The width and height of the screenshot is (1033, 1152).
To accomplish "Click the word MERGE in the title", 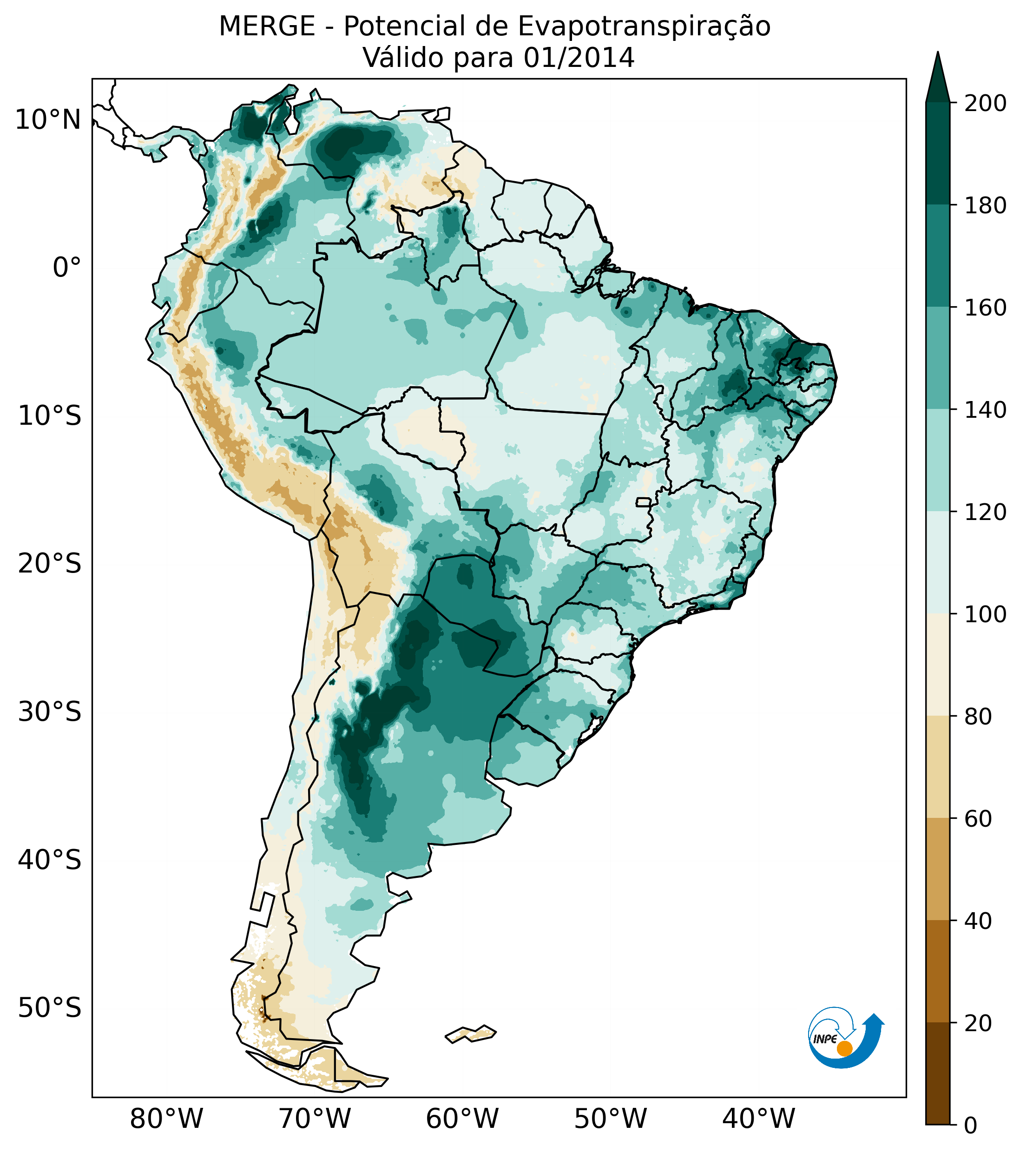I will coord(267,26).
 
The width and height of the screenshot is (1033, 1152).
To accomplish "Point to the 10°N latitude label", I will coord(48,120).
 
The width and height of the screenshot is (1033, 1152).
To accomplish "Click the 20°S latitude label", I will coord(50,564).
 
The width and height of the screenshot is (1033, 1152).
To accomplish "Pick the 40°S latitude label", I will coord(50,860).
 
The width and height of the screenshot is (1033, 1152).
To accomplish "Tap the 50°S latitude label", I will coord(50,1008).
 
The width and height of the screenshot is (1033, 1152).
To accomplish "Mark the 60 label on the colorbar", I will coord(979,819).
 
